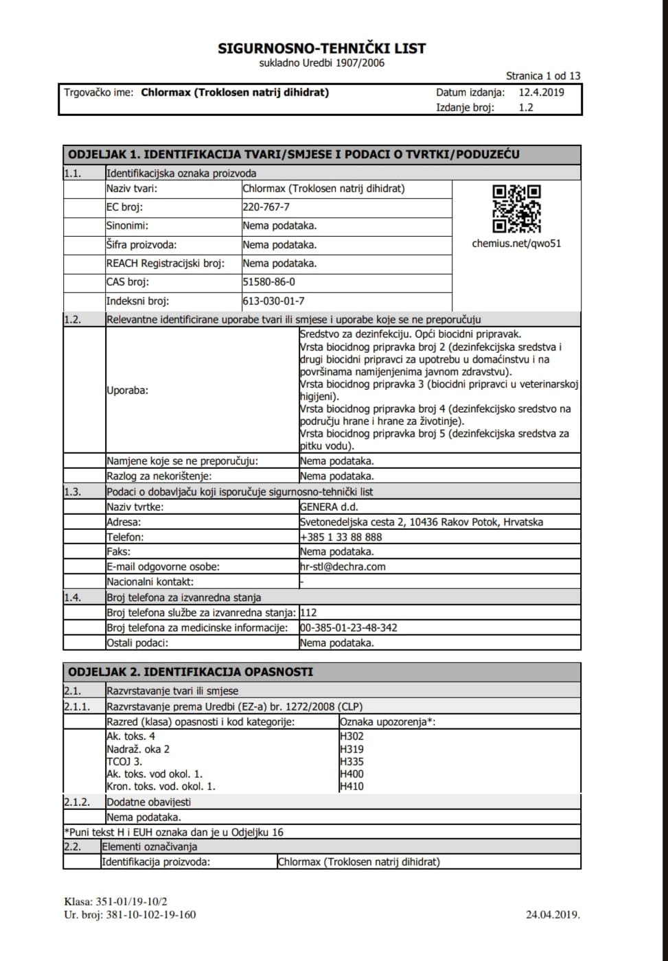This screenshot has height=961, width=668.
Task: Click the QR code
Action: click(516, 209)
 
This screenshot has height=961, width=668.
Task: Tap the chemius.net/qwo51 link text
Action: click(516, 244)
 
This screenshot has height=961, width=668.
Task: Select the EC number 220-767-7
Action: click(266, 207)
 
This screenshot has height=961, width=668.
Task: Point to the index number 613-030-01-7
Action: click(273, 301)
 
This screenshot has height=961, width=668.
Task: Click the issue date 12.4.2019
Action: click(541, 93)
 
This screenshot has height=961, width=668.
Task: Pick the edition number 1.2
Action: click(526, 108)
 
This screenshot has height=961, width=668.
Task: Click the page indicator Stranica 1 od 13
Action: click(542, 76)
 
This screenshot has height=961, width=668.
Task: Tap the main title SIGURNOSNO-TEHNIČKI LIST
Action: click(322, 49)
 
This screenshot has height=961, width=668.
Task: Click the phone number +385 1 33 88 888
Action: click(341, 537)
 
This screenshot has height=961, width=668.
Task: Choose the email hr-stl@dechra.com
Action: click(343, 567)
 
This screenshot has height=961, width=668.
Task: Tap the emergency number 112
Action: click(308, 612)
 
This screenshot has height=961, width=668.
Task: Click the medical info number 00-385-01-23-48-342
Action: click(349, 628)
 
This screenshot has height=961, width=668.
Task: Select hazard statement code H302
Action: click(352, 737)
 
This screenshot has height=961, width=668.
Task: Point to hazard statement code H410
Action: click(352, 787)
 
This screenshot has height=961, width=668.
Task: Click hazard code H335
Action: click(352, 762)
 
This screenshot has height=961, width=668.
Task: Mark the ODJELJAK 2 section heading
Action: click(191, 672)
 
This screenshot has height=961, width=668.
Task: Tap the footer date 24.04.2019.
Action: click(553, 914)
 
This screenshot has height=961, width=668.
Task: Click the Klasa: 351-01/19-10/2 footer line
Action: click(115, 902)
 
